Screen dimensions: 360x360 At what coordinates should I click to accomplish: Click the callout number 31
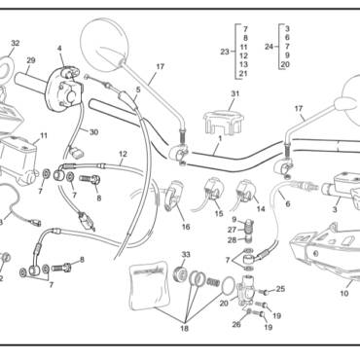pyautogui.click(x=235, y=93)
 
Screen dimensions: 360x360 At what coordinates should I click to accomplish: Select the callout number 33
pyautogui.click(x=186, y=255)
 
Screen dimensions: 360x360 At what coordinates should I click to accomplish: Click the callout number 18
pyautogui.click(x=184, y=329)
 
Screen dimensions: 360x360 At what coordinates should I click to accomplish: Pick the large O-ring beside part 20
pyautogui.click(x=230, y=286)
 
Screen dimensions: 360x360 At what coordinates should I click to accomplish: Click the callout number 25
pyautogui.click(x=280, y=289)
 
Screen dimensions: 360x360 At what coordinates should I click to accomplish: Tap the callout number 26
pyautogui.click(x=236, y=324)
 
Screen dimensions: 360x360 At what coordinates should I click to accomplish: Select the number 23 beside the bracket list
pyautogui.click(x=225, y=52)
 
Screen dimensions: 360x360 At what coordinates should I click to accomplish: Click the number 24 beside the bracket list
pyautogui.click(x=269, y=47)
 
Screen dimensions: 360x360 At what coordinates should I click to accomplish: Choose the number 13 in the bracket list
pyautogui.click(x=243, y=64)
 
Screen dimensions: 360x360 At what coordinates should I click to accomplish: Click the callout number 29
pyautogui.click(x=31, y=60)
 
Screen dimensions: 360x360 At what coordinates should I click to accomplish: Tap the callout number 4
pyautogui.click(x=59, y=49)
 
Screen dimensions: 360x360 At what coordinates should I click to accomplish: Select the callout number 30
pyautogui.click(x=93, y=132)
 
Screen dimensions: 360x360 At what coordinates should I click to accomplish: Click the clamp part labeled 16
pyautogui.click(x=173, y=196)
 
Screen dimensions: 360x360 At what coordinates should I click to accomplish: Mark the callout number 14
pyautogui.click(x=261, y=209)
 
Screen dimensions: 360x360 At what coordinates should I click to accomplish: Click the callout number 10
pyautogui.click(x=344, y=294)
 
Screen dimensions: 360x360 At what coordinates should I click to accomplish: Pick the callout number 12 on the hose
pyautogui.click(x=123, y=154)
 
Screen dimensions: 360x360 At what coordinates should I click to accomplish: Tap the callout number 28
pyautogui.click(x=232, y=240)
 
